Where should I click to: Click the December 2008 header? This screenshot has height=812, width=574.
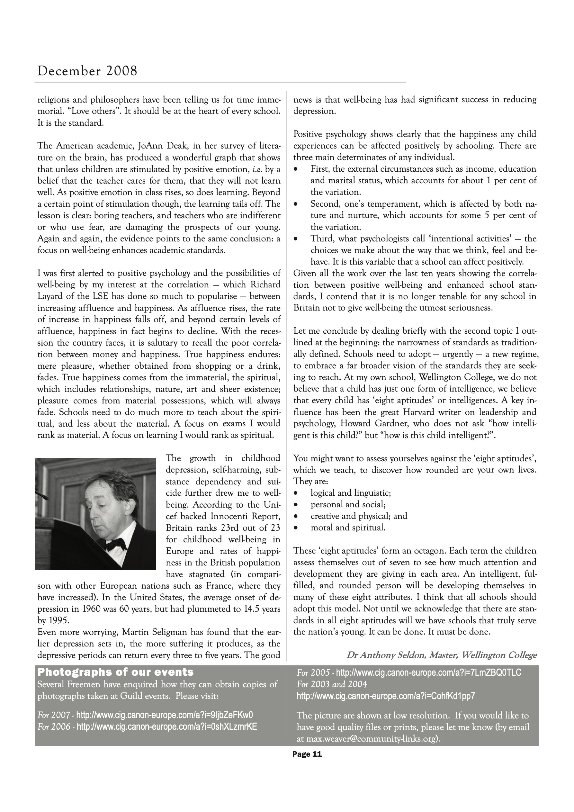[87, 71]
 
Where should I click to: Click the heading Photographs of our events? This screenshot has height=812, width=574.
[116, 672]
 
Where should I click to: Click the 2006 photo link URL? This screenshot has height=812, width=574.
[166, 726]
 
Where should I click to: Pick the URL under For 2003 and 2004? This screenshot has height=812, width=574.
[386, 696]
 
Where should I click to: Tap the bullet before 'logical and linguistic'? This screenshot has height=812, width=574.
[296, 493]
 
